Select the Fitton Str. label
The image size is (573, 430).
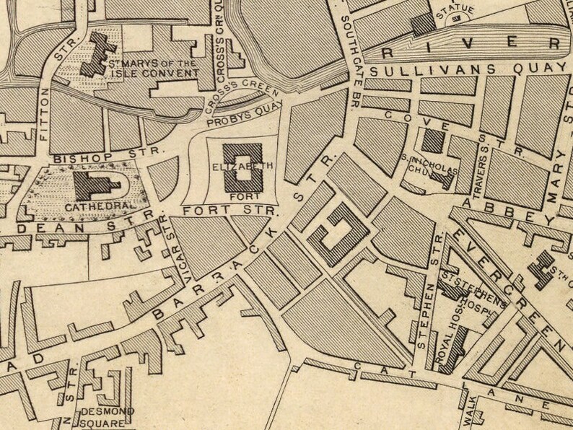43,114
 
